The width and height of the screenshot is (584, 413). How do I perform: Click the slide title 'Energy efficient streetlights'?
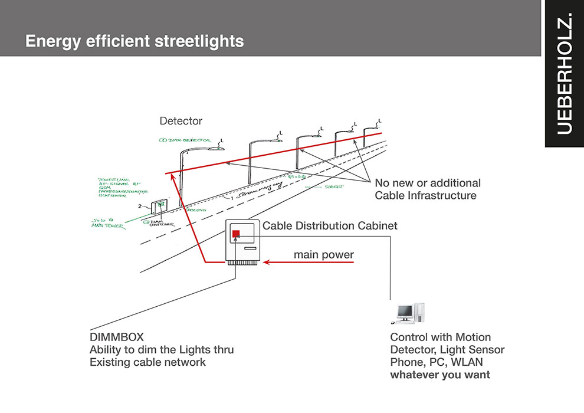(x=134, y=42)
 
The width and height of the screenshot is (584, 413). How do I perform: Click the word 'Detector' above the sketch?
(x=181, y=121)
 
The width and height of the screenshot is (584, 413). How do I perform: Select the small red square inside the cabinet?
(x=236, y=234)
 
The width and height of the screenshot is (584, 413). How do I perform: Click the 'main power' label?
(x=324, y=255)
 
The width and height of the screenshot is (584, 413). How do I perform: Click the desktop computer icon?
(x=408, y=313)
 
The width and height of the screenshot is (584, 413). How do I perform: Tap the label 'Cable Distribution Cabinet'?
(x=330, y=226)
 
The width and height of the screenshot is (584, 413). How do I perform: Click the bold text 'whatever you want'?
(x=440, y=375)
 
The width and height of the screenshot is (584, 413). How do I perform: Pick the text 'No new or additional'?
(x=428, y=183)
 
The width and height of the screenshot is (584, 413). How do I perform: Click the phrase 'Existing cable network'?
(x=147, y=362)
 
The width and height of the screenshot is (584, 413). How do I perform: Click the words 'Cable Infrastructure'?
(x=425, y=196)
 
